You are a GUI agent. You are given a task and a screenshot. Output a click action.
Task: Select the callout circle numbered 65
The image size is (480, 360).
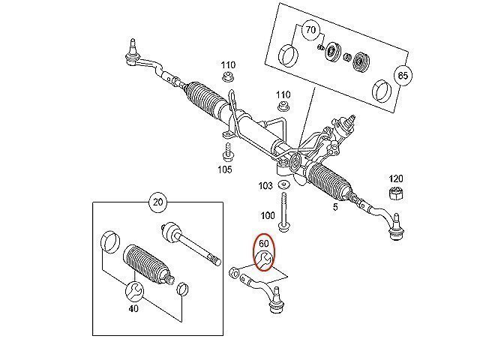pyautogui.click(x=403, y=76)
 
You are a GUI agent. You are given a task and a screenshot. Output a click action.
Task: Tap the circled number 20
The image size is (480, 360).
pyautogui.click(x=157, y=202)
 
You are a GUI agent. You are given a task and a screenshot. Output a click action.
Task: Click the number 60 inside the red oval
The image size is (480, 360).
pyautogui.click(x=263, y=243)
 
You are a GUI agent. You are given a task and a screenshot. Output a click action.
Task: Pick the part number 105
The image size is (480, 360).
pyautogui.click(x=226, y=169)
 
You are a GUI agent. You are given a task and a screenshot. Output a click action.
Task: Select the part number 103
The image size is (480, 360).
pyautogui.click(x=266, y=184)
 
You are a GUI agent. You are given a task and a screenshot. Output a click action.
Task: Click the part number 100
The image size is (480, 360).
pyautogui.click(x=266, y=215)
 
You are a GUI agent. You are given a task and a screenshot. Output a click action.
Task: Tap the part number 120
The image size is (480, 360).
pyautogui.click(x=396, y=178)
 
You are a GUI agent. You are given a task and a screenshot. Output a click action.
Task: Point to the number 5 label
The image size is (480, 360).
pyautogui.click(x=335, y=208)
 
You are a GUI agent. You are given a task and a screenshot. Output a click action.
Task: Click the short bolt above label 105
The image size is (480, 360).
pyautogui.click(x=226, y=151)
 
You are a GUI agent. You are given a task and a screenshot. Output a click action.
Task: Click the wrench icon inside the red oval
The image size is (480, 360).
pyautogui.click(x=263, y=260)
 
